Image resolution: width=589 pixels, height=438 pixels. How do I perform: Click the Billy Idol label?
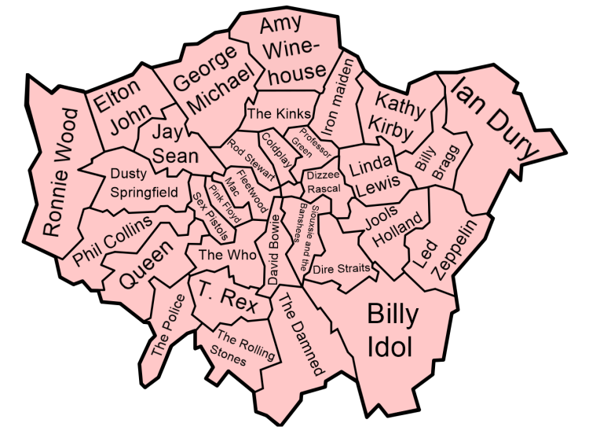coord(393,330)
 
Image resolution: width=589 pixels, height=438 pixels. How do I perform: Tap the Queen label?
coord(147,265)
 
